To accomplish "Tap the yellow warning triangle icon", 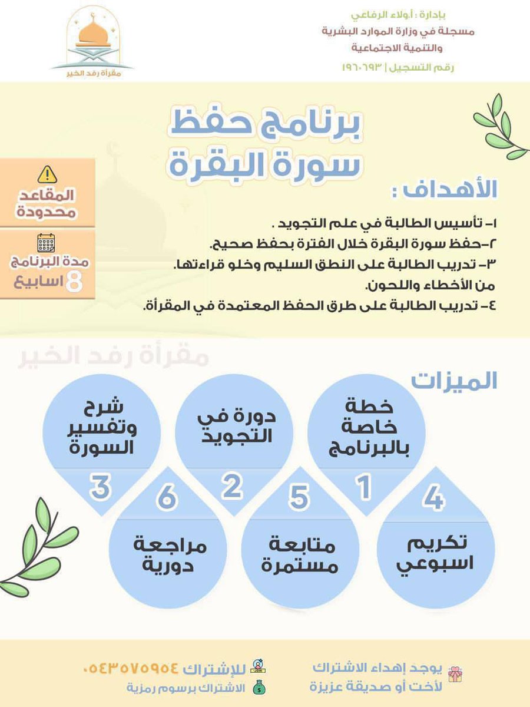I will (47, 174).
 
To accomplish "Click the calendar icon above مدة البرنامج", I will (46, 243).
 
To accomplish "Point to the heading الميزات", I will (454, 381).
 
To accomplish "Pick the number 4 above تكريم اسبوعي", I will (433, 500).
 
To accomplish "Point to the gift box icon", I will (455, 674).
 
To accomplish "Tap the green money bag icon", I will (257, 687).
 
